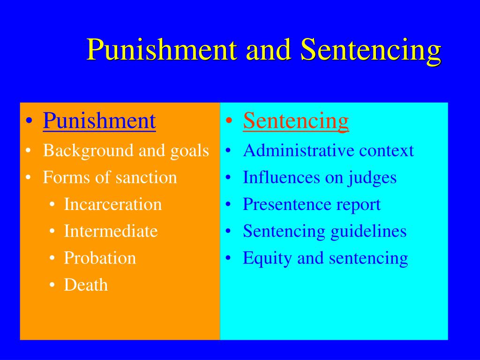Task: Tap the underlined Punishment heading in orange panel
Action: (x=99, y=121)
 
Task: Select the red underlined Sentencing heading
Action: (x=296, y=121)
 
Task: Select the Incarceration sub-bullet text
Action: (x=112, y=204)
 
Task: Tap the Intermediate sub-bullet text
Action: (x=111, y=231)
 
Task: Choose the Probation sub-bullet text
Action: (x=100, y=258)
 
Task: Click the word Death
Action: (x=86, y=285)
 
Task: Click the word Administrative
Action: (x=299, y=150)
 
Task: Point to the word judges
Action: (x=372, y=178)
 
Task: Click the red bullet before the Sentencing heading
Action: (x=229, y=122)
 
